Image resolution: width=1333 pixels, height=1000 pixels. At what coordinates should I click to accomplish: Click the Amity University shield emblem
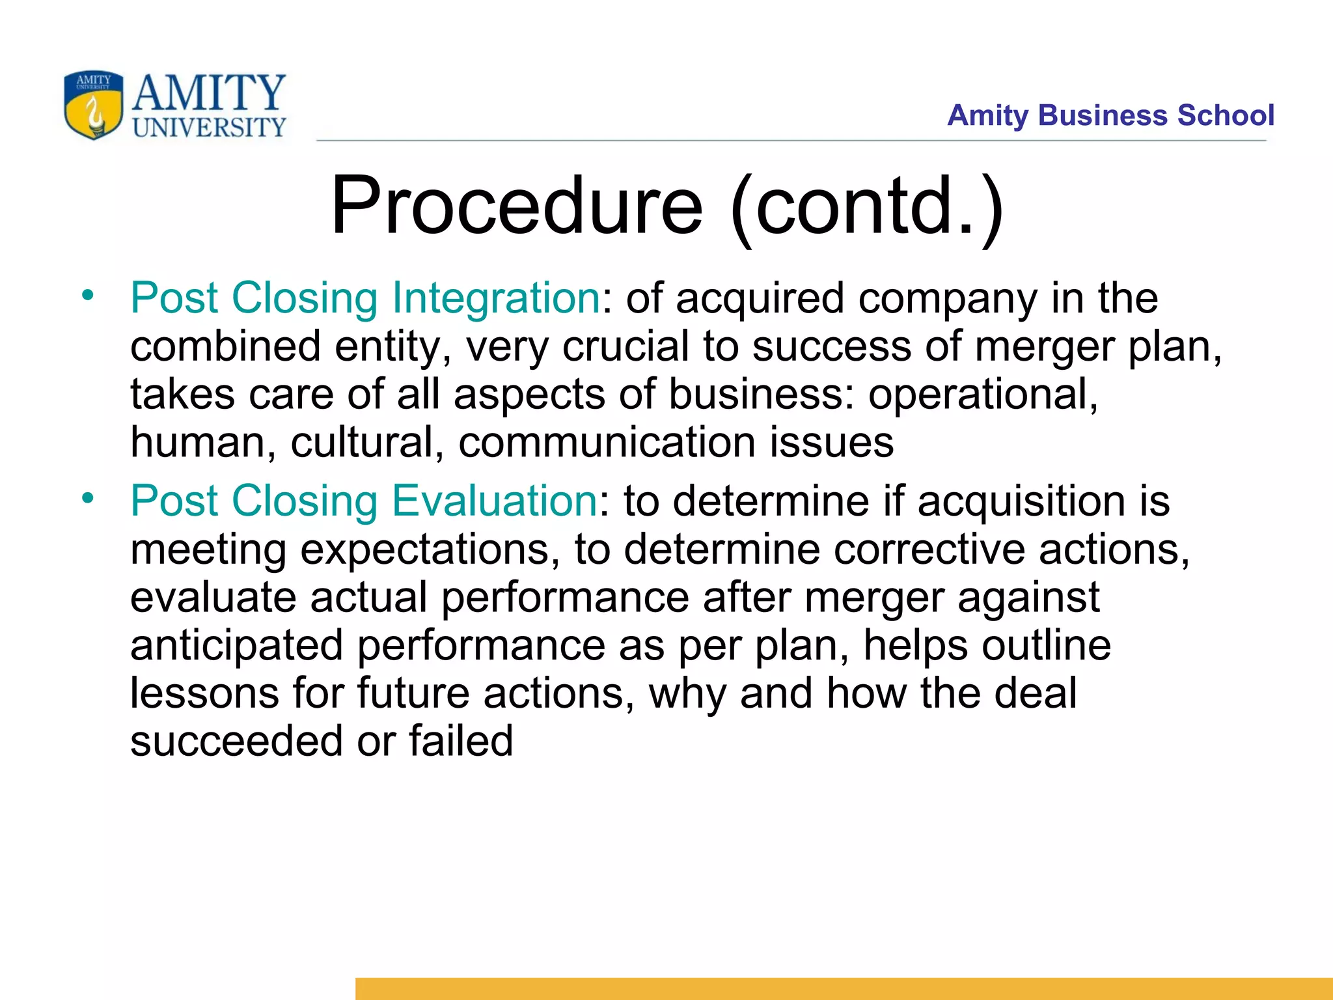pyautogui.click(x=93, y=105)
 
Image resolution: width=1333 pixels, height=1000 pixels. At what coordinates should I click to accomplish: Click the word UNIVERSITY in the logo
pyautogui.click(x=209, y=127)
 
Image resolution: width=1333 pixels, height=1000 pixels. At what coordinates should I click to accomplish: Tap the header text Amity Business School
pyautogui.click(x=1110, y=115)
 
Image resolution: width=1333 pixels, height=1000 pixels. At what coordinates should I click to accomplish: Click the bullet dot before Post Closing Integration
pyautogui.click(x=88, y=296)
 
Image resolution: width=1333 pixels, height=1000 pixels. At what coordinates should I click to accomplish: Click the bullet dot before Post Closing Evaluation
pyautogui.click(x=88, y=499)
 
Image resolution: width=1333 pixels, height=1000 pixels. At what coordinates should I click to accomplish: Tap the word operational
pyautogui.click(x=983, y=394)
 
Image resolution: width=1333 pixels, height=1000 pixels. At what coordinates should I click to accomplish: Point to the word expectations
pyautogui.click(x=430, y=549)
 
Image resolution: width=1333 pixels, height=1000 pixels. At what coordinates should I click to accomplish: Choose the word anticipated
pyautogui.click(x=236, y=645)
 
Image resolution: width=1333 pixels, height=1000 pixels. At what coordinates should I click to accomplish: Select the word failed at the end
pyautogui.click(x=461, y=741)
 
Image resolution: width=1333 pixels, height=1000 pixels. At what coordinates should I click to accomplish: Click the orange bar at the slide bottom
pyautogui.click(x=844, y=988)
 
